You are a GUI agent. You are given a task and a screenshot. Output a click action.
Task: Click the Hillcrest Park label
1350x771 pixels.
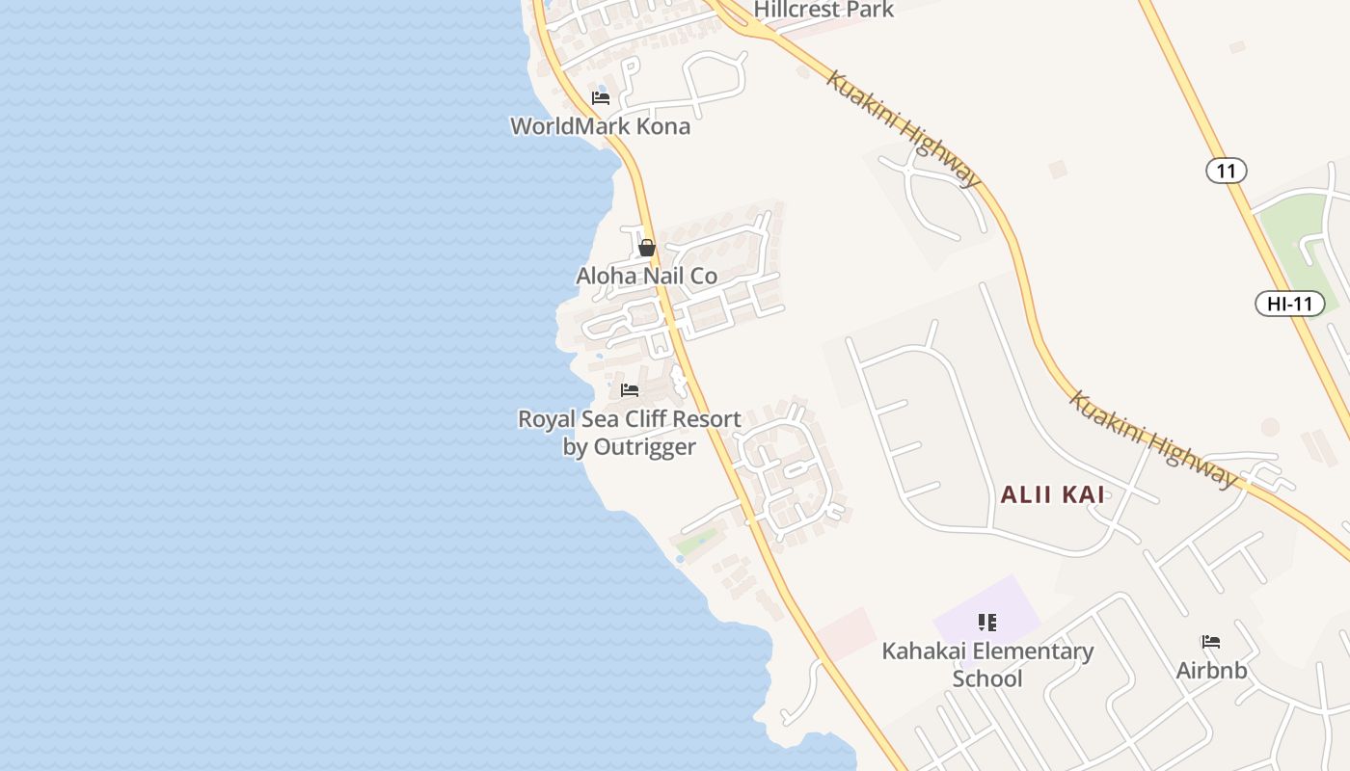click(823, 10)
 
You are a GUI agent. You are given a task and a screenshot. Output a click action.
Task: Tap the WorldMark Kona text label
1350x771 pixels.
click(600, 126)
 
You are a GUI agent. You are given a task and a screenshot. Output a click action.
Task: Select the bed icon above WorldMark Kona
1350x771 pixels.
click(601, 97)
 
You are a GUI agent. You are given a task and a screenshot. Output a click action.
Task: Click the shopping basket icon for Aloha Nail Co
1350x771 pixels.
click(647, 248)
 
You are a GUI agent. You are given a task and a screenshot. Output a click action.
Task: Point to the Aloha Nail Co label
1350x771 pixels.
click(647, 277)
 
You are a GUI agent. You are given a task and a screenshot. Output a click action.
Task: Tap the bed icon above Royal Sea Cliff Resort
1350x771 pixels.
click(630, 390)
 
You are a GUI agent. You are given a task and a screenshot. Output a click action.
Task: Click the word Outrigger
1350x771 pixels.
click(644, 447)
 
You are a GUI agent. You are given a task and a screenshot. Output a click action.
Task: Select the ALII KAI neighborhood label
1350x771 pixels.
click(1052, 495)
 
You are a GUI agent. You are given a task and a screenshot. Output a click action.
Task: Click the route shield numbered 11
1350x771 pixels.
click(1226, 172)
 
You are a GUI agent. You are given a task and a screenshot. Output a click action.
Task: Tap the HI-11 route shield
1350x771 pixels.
click(1289, 304)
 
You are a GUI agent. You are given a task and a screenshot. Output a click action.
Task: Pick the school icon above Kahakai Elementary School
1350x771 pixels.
click(986, 623)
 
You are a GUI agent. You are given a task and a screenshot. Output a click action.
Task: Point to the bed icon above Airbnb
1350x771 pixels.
click(1211, 642)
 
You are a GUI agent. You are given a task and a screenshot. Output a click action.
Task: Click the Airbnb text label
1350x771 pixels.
click(1211, 671)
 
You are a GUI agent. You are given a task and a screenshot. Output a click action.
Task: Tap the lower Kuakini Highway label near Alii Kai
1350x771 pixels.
click(1152, 440)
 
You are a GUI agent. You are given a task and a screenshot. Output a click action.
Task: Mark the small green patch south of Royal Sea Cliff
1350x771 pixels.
click(697, 543)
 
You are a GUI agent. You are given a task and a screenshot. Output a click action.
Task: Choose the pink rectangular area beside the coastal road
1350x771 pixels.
click(846, 633)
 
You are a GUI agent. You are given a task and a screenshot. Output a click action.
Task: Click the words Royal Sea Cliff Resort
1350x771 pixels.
click(630, 419)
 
